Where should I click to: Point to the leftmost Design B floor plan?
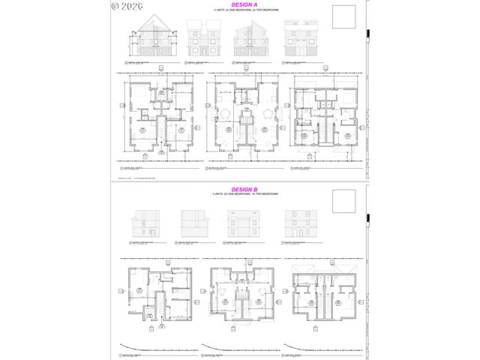158,297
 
